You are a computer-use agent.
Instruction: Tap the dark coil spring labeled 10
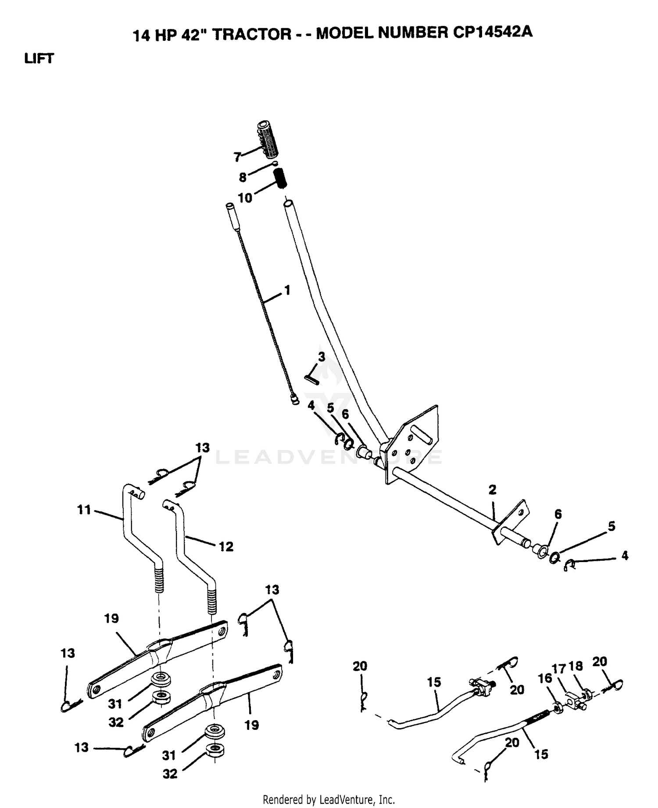click(x=281, y=178)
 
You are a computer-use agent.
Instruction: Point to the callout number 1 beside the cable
click(x=287, y=290)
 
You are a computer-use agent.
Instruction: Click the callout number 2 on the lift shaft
click(x=492, y=490)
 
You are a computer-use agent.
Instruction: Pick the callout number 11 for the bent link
click(x=84, y=510)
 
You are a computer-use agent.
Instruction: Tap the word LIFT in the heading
click(x=39, y=58)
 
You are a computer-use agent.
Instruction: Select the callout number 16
click(x=545, y=678)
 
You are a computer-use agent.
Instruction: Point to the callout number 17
click(x=559, y=669)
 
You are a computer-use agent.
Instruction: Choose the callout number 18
click(x=576, y=666)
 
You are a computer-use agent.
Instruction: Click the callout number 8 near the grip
click(x=243, y=177)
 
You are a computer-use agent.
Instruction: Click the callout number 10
click(x=245, y=198)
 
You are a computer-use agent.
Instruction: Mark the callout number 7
click(x=238, y=157)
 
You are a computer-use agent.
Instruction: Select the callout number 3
click(x=322, y=357)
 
